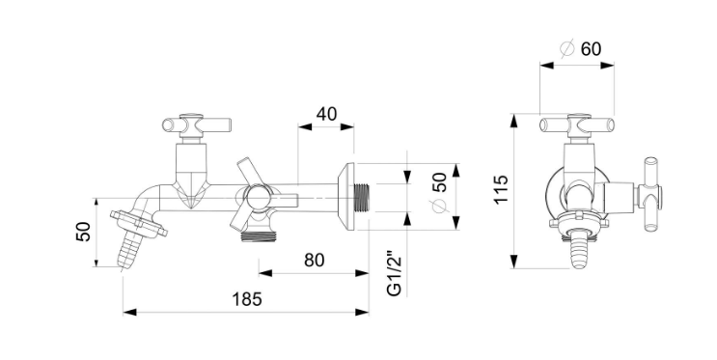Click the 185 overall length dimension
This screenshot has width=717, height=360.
(247, 299)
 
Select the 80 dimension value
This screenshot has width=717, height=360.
(315, 261)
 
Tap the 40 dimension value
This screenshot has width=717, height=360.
(326, 114)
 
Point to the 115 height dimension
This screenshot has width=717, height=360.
(501, 189)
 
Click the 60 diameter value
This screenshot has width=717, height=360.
(592, 48)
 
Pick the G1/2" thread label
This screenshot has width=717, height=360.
(394, 273)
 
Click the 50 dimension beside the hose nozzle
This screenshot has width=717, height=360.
(84, 232)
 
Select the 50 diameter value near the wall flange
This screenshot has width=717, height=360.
(439, 182)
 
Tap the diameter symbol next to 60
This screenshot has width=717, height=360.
(567, 49)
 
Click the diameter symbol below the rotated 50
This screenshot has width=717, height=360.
(439, 207)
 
